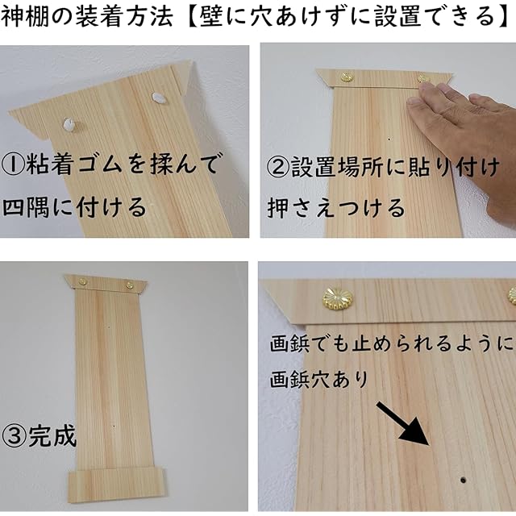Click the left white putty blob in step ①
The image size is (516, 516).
point(69,124)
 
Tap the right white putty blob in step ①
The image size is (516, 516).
point(159,98)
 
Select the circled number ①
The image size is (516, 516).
point(12,164)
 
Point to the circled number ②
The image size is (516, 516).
point(277,167)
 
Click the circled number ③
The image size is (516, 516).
point(13,435)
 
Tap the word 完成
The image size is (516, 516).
point(52,435)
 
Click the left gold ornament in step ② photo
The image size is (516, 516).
point(347,77)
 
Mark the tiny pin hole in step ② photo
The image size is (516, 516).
point(389,139)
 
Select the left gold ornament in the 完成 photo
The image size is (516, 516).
point(82,281)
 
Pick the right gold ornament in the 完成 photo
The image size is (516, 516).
point(130,285)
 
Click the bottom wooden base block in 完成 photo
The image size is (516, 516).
point(117,485)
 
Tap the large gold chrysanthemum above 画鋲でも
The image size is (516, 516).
point(337,298)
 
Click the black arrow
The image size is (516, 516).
point(403,424)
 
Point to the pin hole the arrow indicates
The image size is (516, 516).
point(463,481)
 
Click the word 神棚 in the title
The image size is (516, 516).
point(23,16)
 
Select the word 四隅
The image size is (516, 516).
point(26,207)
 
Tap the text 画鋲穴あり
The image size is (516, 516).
point(318,380)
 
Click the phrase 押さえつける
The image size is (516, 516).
point(336,208)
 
